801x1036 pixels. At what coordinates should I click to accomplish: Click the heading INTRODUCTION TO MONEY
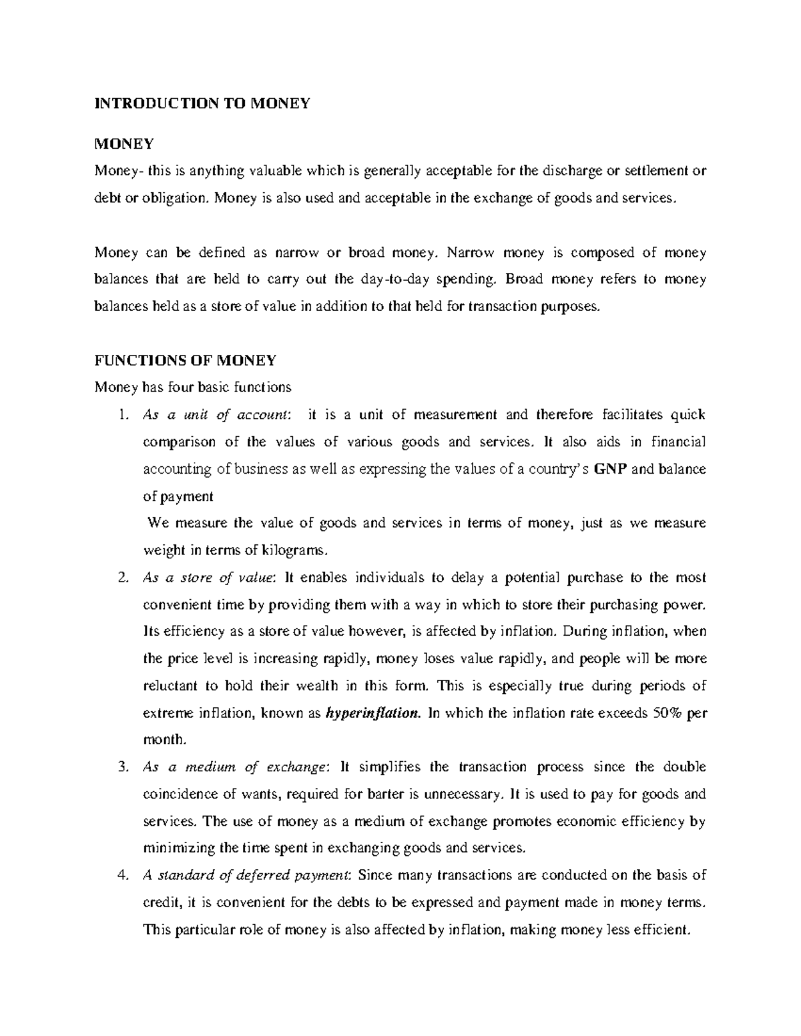point(202,103)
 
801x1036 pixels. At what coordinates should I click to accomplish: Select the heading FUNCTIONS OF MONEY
point(185,361)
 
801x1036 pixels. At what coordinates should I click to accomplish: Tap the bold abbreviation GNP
point(609,469)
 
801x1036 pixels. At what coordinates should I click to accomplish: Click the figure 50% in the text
point(667,713)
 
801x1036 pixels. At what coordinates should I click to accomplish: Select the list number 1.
point(121,415)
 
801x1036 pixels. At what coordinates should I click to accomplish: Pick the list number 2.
point(121,578)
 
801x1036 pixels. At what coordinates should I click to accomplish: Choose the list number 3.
point(121,767)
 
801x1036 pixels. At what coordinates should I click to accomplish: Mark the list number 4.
point(121,875)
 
